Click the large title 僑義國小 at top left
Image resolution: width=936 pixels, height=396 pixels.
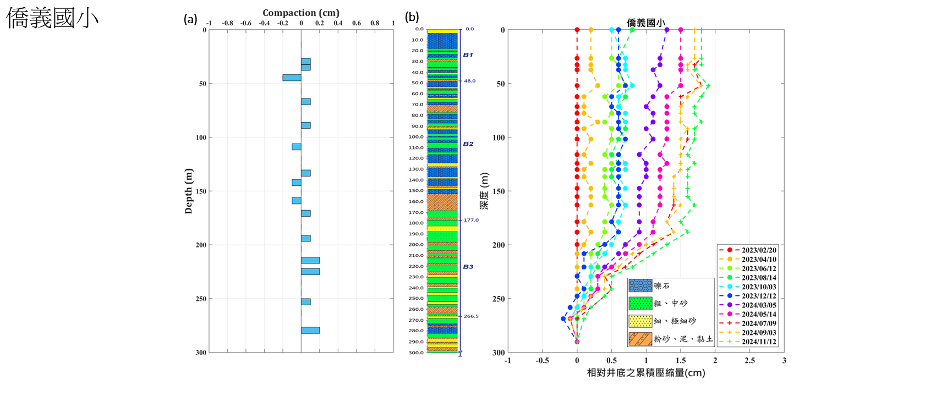coord(52,18)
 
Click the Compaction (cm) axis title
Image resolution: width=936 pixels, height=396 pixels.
coord(300,13)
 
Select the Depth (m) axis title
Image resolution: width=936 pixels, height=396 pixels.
coord(189,191)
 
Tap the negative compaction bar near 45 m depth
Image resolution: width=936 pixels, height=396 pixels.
coord(292,78)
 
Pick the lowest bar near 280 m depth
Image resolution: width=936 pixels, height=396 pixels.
coord(310,331)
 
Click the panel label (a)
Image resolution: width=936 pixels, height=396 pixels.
coord(190,19)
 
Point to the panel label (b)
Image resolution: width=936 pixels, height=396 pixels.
coord(412,17)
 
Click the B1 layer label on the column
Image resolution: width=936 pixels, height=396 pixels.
coord(468,55)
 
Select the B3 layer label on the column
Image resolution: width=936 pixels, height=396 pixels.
coord(468,267)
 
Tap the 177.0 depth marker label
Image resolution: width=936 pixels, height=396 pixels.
coord(471,220)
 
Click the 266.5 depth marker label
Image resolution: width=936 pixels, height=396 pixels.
coord(471,316)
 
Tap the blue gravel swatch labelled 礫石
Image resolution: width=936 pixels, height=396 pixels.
coord(641,285)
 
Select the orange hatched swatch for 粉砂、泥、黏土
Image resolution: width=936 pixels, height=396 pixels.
coord(641,339)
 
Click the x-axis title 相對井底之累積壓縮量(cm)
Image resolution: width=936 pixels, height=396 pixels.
coord(646,373)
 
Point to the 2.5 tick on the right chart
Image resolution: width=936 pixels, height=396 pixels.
coord(749,361)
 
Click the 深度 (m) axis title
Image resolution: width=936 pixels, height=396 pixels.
coord(484,191)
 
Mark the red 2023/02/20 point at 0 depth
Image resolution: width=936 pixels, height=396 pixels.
coord(577,30)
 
